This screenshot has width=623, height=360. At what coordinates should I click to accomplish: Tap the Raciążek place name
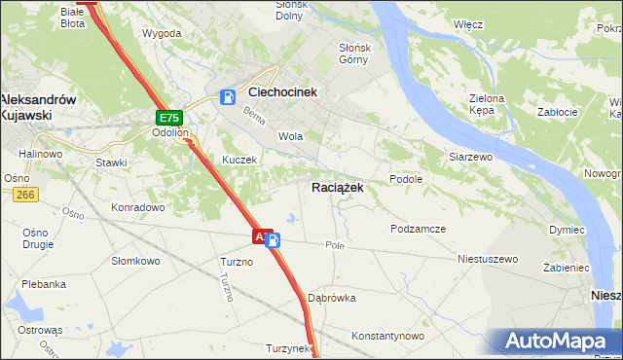[x=338, y=187]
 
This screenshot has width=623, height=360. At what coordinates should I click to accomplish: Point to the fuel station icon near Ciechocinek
[x=228, y=95]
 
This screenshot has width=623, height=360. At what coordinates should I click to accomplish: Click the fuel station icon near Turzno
[x=275, y=240]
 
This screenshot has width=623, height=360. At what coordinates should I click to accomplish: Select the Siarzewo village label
[x=470, y=156]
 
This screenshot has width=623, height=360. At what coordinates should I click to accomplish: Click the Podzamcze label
[x=418, y=228]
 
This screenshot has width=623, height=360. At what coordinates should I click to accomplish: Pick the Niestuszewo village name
[x=488, y=260]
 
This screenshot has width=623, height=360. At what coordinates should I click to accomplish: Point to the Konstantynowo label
[x=388, y=336]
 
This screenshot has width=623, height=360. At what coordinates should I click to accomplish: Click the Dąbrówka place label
[x=332, y=298]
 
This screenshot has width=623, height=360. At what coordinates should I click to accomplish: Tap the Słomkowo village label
[x=135, y=261]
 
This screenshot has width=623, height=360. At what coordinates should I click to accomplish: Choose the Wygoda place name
[x=162, y=33]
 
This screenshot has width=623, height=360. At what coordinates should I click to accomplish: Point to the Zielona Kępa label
[x=487, y=104]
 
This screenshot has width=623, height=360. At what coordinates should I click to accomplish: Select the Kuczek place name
[x=239, y=160]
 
